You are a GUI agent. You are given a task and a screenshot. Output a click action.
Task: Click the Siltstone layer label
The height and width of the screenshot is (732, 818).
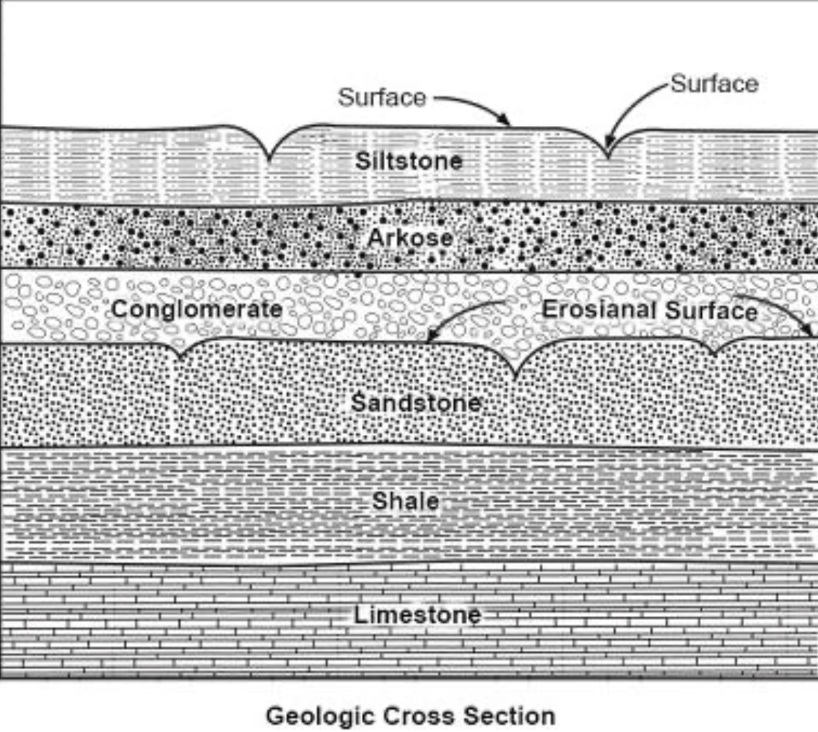pyautogui.click(x=408, y=161)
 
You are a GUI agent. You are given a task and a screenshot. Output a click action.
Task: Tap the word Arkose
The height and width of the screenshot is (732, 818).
pyautogui.click(x=409, y=238)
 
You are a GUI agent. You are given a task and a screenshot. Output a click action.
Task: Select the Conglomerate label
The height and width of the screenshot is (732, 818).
pyautogui.click(x=197, y=310)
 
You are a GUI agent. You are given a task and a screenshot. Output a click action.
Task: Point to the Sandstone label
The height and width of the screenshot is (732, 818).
pyautogui.click(x=416, y=403)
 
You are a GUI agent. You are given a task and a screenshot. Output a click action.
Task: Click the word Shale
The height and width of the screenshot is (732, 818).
pyautogui.click(x=405, y=501)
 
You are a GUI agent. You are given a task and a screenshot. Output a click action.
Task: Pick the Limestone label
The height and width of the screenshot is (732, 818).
pyautogui.click(x=418, y=616)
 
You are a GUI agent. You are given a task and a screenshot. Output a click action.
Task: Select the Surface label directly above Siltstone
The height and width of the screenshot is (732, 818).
pyautogui.click(x=382, y=98)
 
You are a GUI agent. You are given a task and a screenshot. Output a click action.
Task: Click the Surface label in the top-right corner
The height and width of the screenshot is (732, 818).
pyautogui.click(x=713, y=84)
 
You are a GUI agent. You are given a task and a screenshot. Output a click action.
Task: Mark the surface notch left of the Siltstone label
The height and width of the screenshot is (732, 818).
pyautogui.click(x=269, y=158)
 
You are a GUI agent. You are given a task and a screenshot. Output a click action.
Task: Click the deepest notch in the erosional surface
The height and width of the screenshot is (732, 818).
pyautogui.click(x=516, y=377)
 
